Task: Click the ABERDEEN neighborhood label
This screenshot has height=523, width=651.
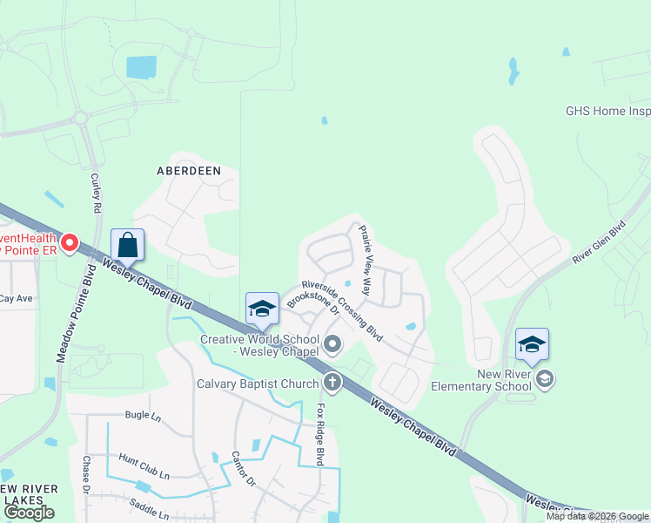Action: click(188, 171)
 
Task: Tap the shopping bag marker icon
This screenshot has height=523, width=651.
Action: click(127, 245)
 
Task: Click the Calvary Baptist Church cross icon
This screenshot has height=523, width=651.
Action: click(332, 382)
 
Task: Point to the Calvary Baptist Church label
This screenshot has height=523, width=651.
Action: click(258, 383)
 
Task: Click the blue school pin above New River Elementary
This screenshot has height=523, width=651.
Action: click(531, 344)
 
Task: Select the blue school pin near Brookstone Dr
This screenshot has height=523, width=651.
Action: click(261, 309)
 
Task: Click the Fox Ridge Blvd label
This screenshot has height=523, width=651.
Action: click(320, 434)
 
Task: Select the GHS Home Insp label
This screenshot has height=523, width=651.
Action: click(607, 111)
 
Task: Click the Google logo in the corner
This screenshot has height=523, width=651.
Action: click(29, 512)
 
